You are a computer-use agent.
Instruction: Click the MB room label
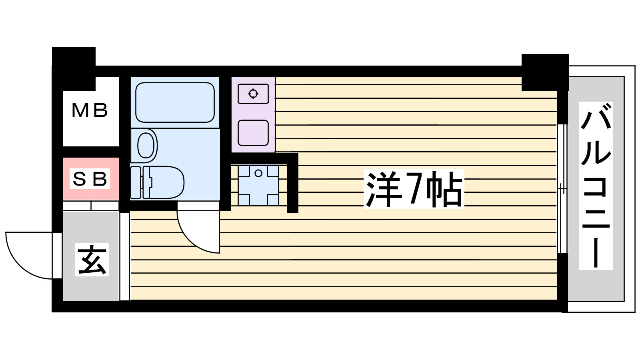pos(90,110)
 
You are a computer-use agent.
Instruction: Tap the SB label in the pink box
pos(90,179)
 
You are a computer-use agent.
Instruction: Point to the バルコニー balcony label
pos(596,185)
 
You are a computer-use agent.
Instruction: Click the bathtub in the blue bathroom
pos(175,102)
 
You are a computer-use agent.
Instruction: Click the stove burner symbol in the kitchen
pos(253,94)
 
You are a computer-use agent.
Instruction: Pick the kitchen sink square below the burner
pos(253,133)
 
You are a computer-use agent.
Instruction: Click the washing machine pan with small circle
pos(258,185)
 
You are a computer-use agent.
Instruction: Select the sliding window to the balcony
pos(562,188)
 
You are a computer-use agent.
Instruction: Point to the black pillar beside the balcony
pos(545,72)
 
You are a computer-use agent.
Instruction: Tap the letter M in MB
pos(80,110)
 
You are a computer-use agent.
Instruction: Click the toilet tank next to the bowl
pos(136,182)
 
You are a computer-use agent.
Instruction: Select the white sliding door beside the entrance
pos(124,256)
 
